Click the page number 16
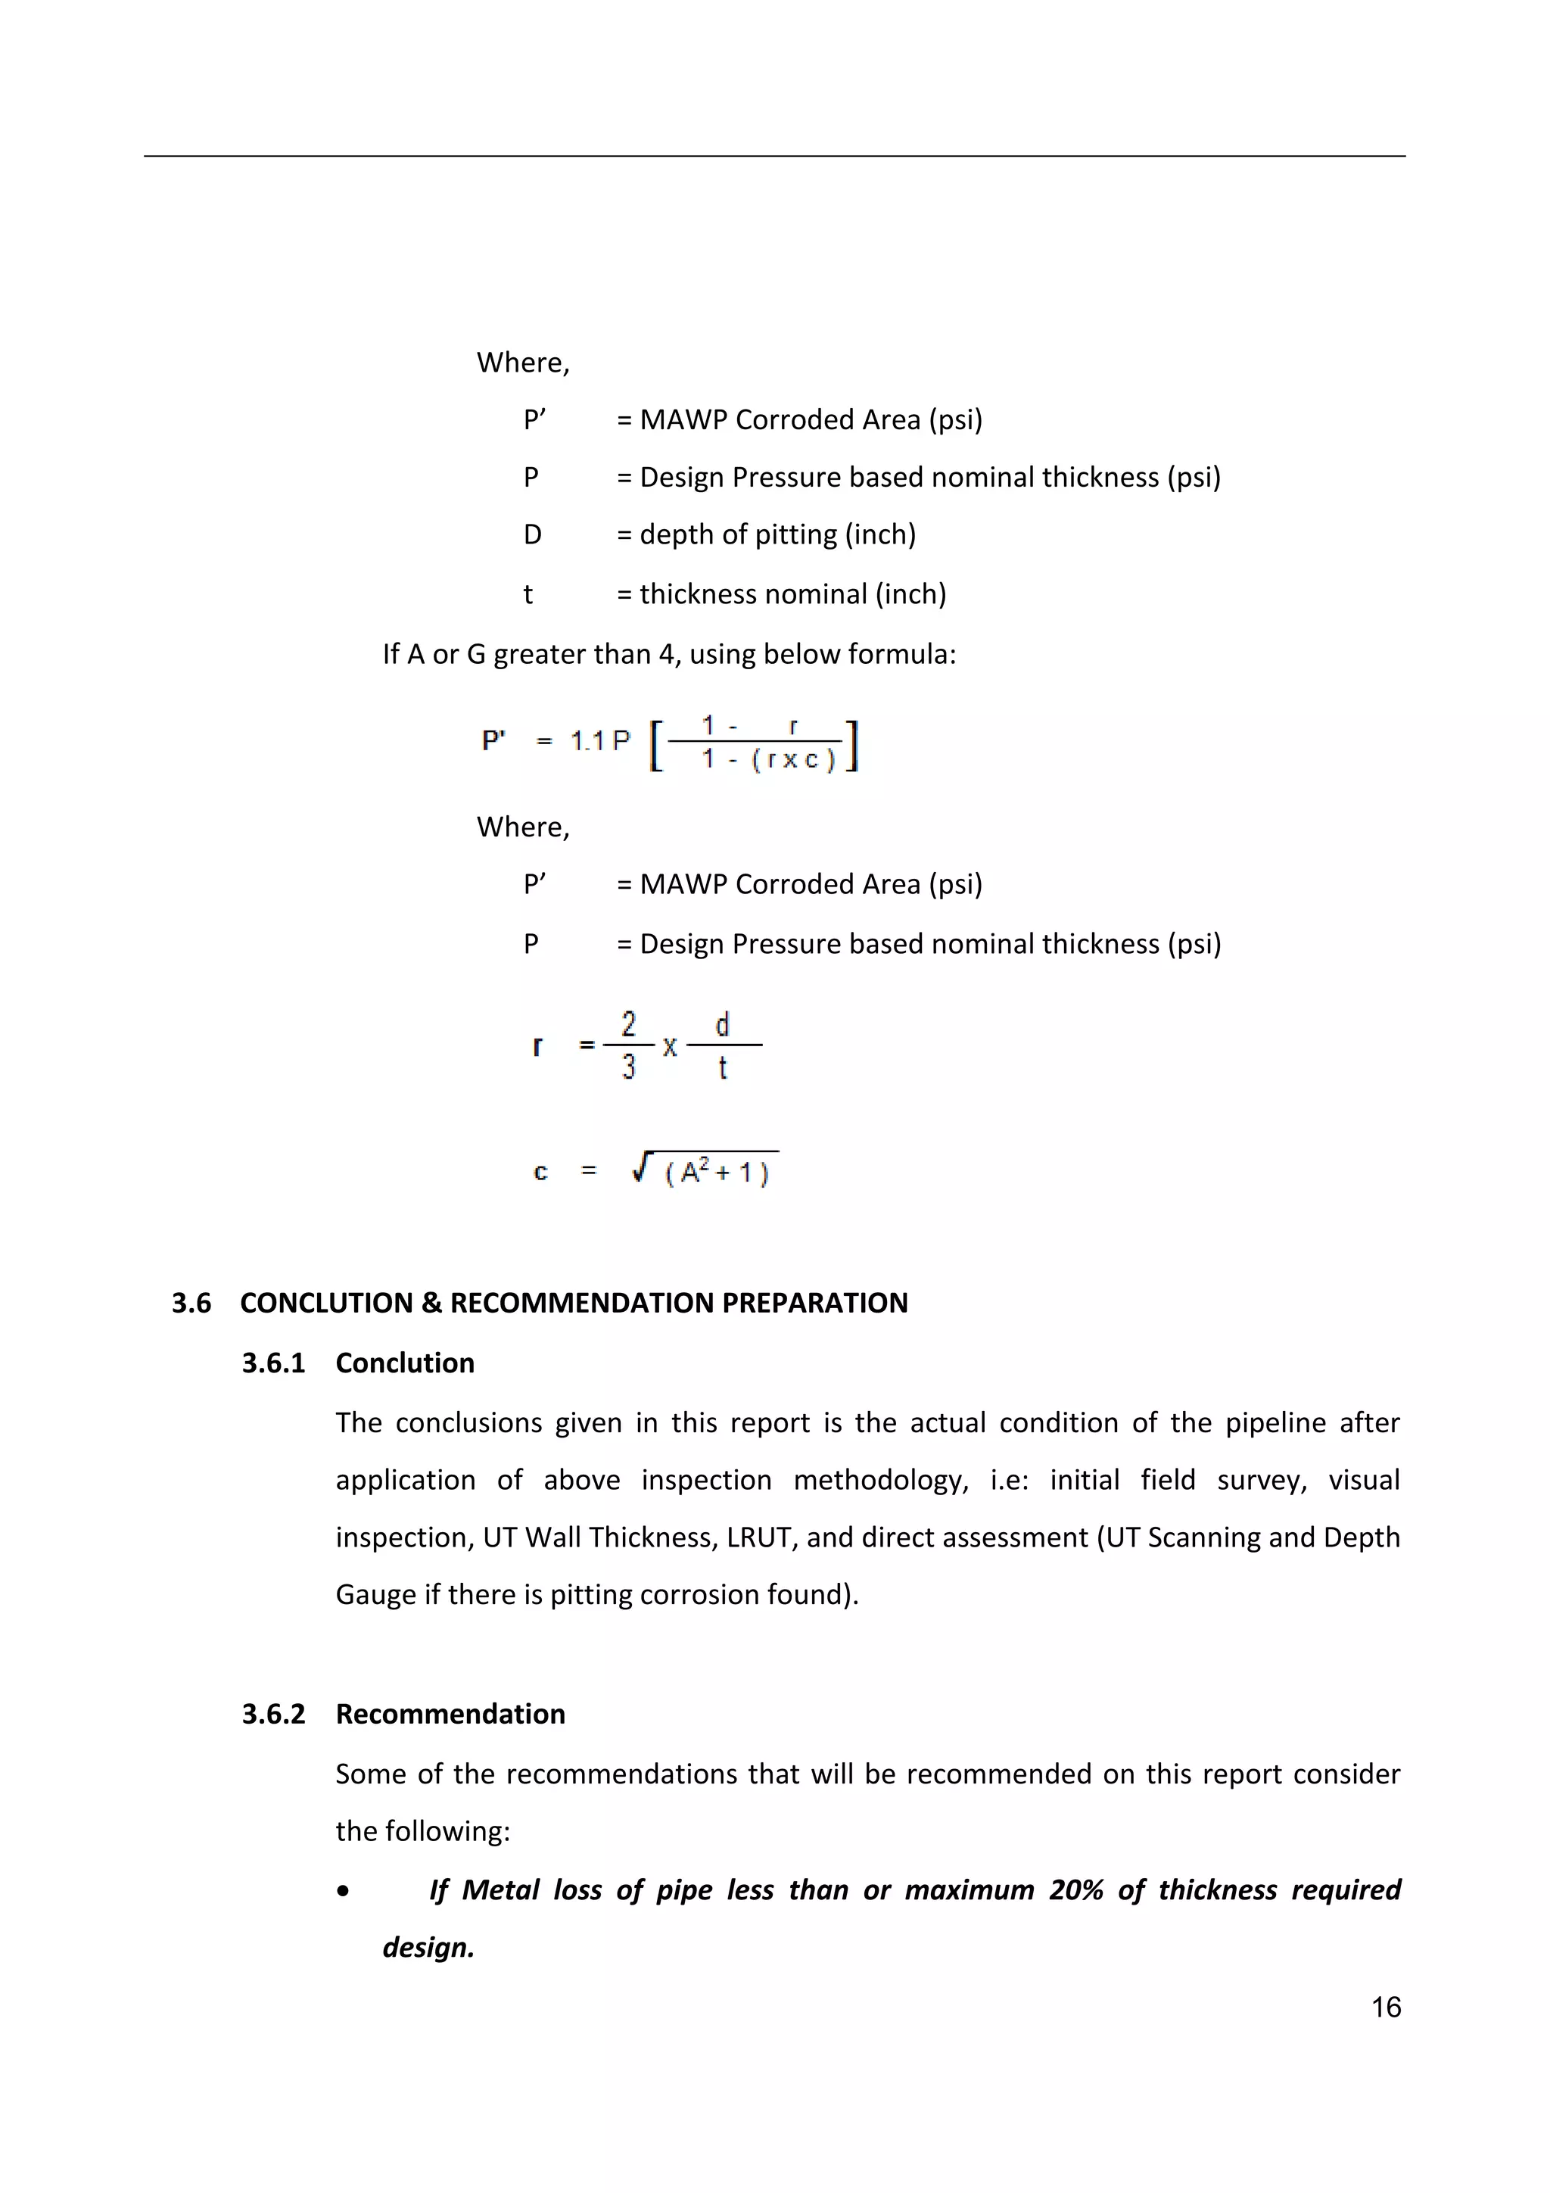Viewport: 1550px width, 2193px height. click(x=1386, y=2007)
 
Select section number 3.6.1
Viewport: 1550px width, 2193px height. click(x=273, y=1363)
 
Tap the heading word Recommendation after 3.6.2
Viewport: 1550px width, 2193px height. click(x=450, y=1714)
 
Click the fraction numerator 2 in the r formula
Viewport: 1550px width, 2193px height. click(x=628, y=1024)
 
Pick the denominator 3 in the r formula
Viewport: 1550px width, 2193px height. click(x=628, y=1067)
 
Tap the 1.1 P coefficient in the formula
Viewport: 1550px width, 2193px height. click(x=599, y=741)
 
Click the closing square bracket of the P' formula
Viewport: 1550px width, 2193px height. click(x=853, y=746)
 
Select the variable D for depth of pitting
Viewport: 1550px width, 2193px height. click(x=532, y=535)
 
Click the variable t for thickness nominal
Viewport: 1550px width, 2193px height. click(x=528, y=595)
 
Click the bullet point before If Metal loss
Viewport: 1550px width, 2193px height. click(x=343, y=1891)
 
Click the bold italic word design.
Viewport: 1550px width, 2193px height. click(x=428, y=1948)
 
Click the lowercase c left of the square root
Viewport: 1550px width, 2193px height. click(x=540, y=1172)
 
